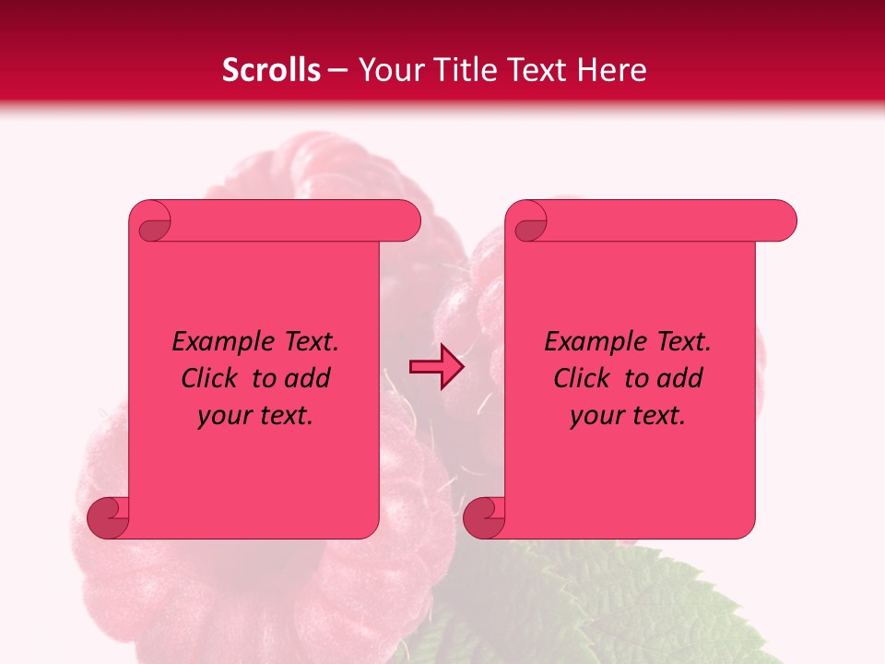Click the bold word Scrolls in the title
(x=272, y=70)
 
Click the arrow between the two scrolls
(x=436, y=367)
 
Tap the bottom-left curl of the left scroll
(x=109, y=517)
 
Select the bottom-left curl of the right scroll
(x=485, y=517)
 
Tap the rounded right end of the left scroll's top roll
(x=406, y=220)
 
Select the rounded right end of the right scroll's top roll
(x=782, y=220)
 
